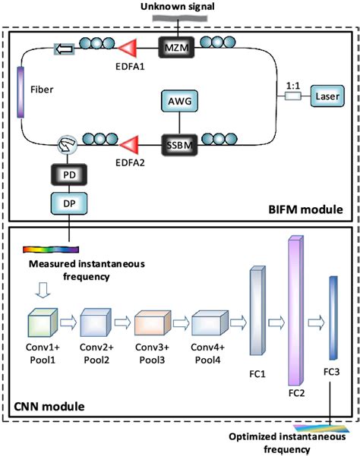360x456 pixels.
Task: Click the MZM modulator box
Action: coord(176,47)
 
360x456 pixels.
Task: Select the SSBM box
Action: coord(179,145)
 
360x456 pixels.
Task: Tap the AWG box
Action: coord(179,101)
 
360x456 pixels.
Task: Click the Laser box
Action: coord(327,96)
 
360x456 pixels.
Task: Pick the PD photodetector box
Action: coord(69,175)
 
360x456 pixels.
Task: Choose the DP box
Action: coord(69,203)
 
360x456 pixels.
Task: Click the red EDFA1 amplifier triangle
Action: coord(128,48)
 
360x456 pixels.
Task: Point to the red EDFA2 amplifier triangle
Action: coord(128,144)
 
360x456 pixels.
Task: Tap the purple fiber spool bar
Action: coord(21,92)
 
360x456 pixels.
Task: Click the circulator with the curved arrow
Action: coord(67,144)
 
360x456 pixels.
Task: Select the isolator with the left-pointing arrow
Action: coord(65,49)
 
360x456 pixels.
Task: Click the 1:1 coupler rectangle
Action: coord(292,96)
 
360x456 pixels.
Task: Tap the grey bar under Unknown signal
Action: coord(180,19)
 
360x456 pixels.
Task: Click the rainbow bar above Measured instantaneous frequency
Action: coord(51,250)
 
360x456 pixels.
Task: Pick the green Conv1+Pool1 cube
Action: coord(43,322)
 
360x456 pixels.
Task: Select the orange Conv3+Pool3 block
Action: coord(153,322)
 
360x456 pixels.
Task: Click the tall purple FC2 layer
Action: coord(296,310)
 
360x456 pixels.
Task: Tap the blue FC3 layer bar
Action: coord(333,318)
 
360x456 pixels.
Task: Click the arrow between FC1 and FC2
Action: coord(276,322)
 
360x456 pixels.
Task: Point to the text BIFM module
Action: coord(305,209)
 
